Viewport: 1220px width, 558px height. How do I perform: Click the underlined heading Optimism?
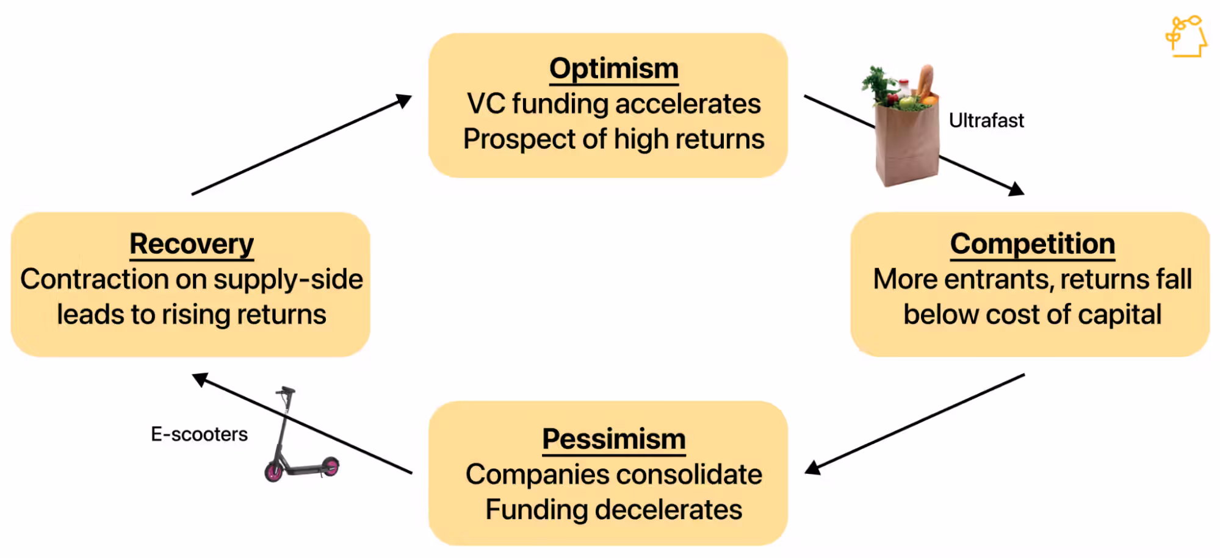pyautogui.click(x=614, y=69)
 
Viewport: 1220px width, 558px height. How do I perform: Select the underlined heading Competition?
pyautogui.click(x=1033, y=245)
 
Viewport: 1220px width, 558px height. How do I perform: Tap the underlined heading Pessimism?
pyautogui.click(x=614, y=439)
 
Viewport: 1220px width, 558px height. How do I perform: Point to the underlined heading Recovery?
pyautogui.click(x=192, y=245)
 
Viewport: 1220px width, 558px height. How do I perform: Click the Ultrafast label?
pyautogui.click(x=986, y=121)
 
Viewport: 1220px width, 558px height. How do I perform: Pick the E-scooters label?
pyautogui.click(x=200, y=434)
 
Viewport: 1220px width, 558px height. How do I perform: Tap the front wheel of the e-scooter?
pyautogui.click(x=273, y=470)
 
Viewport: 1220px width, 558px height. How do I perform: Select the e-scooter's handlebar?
pyautogui.click(x=286, y=390)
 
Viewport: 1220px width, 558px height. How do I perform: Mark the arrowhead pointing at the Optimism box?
pyautogui.click(x=404, y=101)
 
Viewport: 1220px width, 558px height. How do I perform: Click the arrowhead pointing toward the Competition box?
pyautogui.click(x=1016, y=189)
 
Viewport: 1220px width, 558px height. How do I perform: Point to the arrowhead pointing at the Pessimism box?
pyautogui.click(x=813, y=467)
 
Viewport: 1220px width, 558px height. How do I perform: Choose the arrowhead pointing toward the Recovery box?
pyautogui.click(x=201, y=379)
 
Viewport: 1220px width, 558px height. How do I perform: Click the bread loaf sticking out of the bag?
pyautogui.click(x=926, y=82)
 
